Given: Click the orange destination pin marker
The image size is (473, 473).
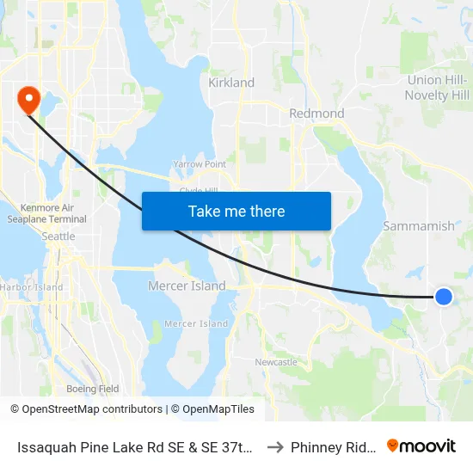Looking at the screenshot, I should click(x=28, y=99).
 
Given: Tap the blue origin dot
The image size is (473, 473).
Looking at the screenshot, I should click(x=443, y=297).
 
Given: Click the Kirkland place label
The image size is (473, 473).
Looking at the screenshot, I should click(x=231, y=83).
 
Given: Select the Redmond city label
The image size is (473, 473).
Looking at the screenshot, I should click(x=317, y=114).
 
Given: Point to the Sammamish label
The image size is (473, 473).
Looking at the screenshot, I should click(x=419, y=226).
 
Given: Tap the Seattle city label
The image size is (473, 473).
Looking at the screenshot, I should click(x=58, y=236).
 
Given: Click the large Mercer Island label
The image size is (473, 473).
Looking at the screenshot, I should click(x=187, y=286).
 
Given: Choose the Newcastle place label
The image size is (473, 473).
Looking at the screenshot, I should click(x=276, y=362).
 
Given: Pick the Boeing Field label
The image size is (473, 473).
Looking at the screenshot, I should click(x=92, y=389).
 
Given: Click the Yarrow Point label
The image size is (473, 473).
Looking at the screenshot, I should click(x=199, y=164).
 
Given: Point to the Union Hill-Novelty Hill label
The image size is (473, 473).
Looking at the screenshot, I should click(x=438, y=88).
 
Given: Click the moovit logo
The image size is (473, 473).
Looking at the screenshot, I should click(x=421, y=446).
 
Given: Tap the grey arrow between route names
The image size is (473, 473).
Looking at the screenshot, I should click(x=275, y=447).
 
